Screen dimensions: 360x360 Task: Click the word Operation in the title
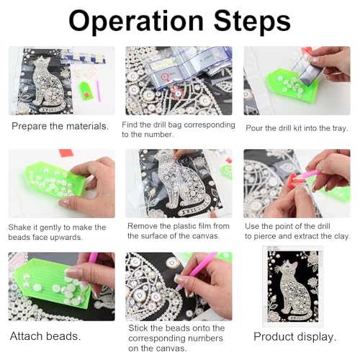(x=136, y=21)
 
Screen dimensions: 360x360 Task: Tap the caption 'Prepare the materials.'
(x=60, y=127)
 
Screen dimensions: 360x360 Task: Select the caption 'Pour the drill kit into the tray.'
(x=297, y=128)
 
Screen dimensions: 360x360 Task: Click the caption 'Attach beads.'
(x=45, y=336)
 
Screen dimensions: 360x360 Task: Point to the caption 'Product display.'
(x=295, y=337)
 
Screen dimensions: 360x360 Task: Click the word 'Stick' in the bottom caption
(x=138, y=328)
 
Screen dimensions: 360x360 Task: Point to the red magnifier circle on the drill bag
(x=165, y=77)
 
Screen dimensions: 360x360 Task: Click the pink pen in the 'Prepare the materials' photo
(x=98, y=91)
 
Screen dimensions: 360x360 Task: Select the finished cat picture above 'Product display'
(x=293, y=286)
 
